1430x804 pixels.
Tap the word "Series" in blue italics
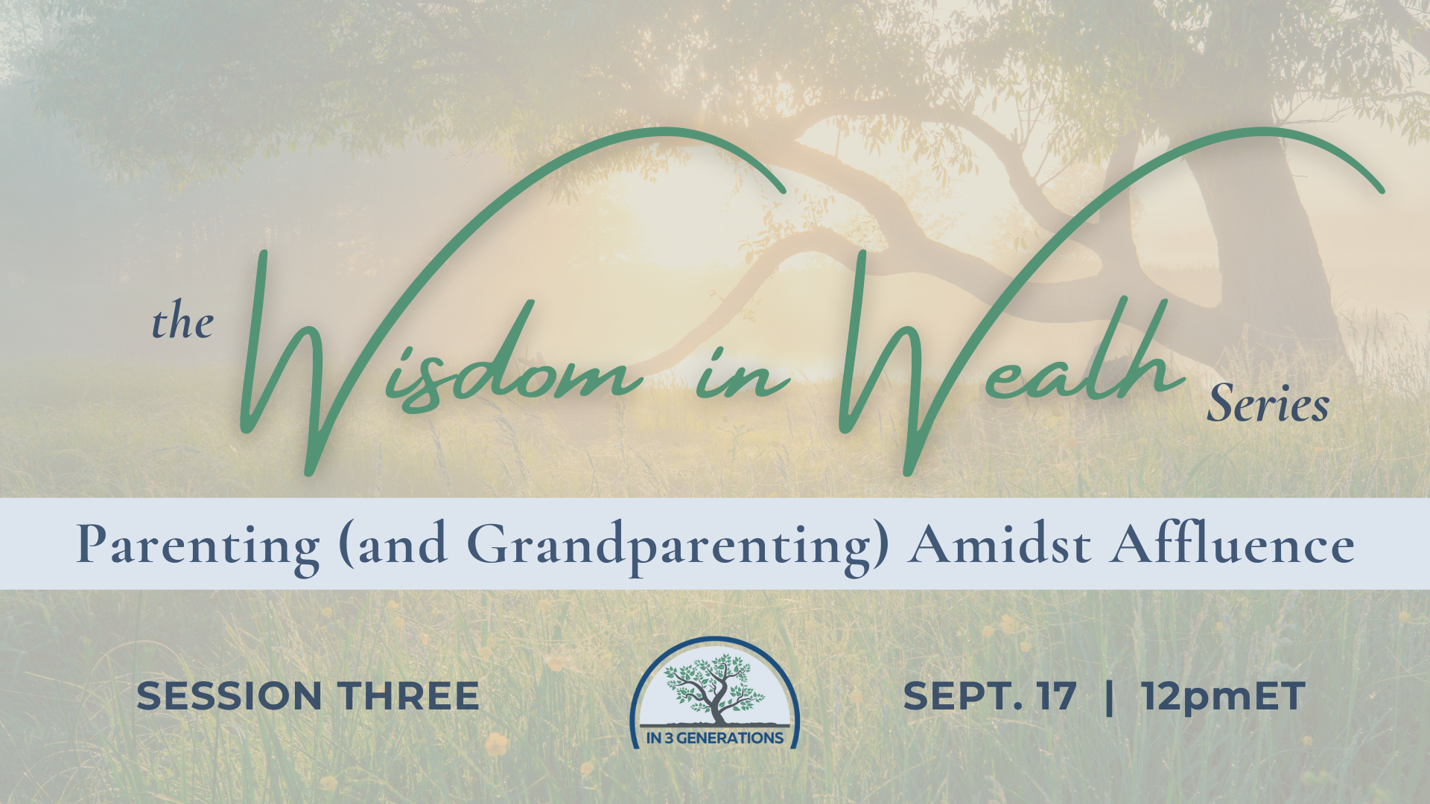coord(1268,403)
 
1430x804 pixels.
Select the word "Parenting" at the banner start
coord(198,546)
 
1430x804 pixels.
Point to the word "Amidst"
coord(1000,543)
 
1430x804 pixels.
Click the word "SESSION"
coord(229,696)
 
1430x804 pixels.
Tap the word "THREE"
coord(408,696)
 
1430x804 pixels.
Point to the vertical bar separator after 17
coord(1110,697)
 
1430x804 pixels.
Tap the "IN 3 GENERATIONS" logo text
coord(715,738)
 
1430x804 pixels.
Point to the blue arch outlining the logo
coord(714,639)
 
